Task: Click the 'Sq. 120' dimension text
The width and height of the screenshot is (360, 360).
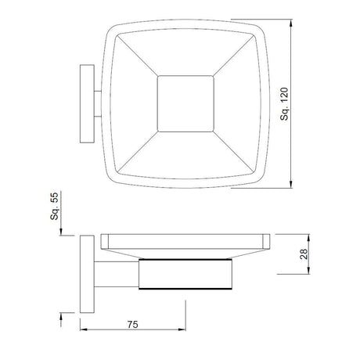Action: click(286, 107)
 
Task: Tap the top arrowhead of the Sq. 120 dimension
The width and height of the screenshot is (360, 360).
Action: click(293, 25)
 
